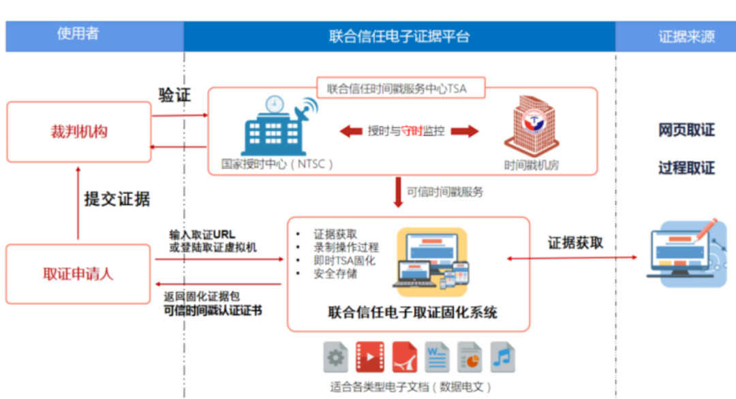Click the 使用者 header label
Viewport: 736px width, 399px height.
click(78, 33)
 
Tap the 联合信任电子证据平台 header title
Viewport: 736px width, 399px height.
click(399, 36)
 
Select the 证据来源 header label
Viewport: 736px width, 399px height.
click(686, 37)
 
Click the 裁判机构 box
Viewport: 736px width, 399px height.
click(79, 131)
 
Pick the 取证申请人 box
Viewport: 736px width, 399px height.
click(78, 274)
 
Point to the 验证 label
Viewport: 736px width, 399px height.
click(174, 95)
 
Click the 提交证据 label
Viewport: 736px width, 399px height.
click(117, 199)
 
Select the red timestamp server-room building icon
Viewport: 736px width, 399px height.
click(532, 126)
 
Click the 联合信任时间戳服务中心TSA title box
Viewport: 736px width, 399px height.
click(401, 88)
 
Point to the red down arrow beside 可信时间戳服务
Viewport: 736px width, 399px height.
click(398, 192)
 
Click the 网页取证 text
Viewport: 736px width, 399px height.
click(686, 130)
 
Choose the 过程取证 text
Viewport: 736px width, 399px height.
click(686, 167)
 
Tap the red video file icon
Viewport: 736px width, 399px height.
click(370, 357)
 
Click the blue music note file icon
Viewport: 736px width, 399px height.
click(502, 357)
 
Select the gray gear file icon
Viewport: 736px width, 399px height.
click(335, 357)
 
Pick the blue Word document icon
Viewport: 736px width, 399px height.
click(437, 357)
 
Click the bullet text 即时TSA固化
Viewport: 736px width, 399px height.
click(345, 261)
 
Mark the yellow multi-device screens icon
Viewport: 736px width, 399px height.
click(432, 262)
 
